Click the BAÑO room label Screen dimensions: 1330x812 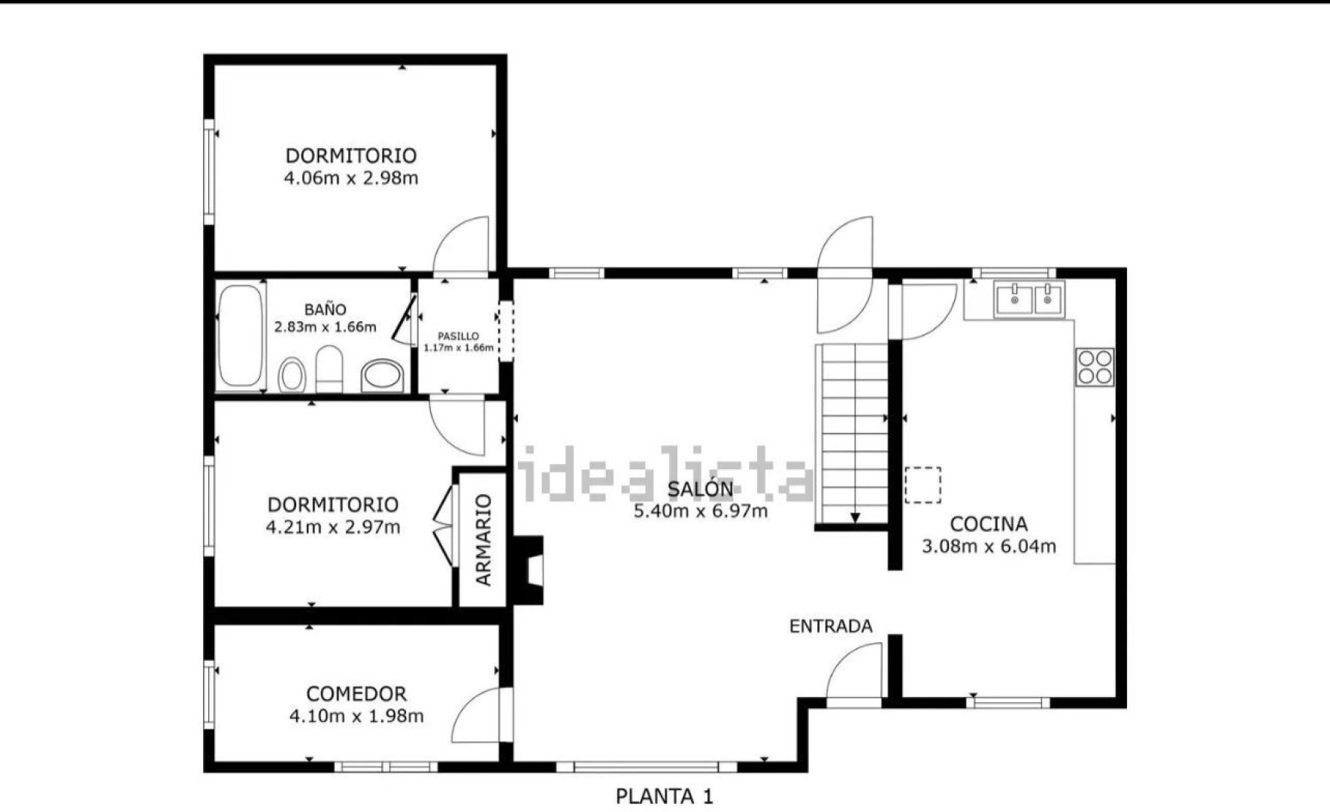pos(326,309)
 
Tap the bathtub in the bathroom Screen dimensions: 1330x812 pos(241,335)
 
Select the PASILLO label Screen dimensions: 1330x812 pos(458,336)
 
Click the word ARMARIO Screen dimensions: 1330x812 pos(483,540)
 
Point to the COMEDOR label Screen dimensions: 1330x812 pos(356,693)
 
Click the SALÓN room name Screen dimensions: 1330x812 pos(700,489)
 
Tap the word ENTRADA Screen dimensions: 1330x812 pos(831,626)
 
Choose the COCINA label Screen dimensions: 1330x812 pos(989,524)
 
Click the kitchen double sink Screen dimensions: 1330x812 pos(1029,298)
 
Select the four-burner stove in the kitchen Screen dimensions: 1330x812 pos(1095,368)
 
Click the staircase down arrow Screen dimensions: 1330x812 pos(855,517)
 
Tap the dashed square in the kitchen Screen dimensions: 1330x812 pos(923,485)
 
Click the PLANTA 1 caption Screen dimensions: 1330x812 pos(665,796)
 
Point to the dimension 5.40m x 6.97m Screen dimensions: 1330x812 pos(701,511)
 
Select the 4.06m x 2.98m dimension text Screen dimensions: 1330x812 pos(351,178)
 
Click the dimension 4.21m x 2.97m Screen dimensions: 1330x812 pos(333,527)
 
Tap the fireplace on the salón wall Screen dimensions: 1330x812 pos(529,570)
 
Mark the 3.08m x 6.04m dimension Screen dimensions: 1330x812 pos(989,547)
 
